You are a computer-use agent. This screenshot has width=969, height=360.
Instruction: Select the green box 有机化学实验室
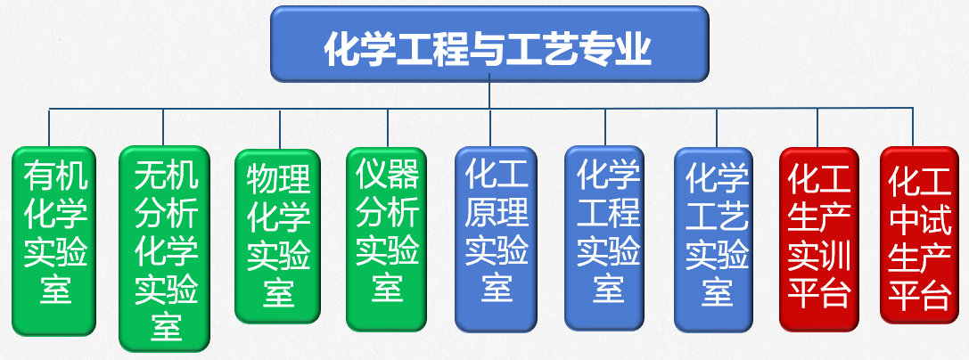pos(54,241)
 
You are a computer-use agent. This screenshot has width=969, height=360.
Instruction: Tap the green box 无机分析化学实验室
pos(165,249)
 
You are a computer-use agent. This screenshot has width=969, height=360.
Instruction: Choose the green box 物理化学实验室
pos(277,236)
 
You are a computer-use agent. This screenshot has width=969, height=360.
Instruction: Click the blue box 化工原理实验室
pos(497,237)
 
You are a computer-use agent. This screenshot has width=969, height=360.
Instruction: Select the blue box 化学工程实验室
pos(607,237)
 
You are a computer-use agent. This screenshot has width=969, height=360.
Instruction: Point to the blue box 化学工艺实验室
pos(716,237)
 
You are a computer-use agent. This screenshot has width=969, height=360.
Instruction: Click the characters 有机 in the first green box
pos(55,176)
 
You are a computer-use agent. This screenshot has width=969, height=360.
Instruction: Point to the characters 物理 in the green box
pos(278,178)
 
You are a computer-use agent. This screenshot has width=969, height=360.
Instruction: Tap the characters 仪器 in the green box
pos(388,173)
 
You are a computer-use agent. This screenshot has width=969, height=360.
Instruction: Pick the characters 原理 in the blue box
pos(497,213)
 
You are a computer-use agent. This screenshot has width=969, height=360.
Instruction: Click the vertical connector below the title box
pos(489,94)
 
